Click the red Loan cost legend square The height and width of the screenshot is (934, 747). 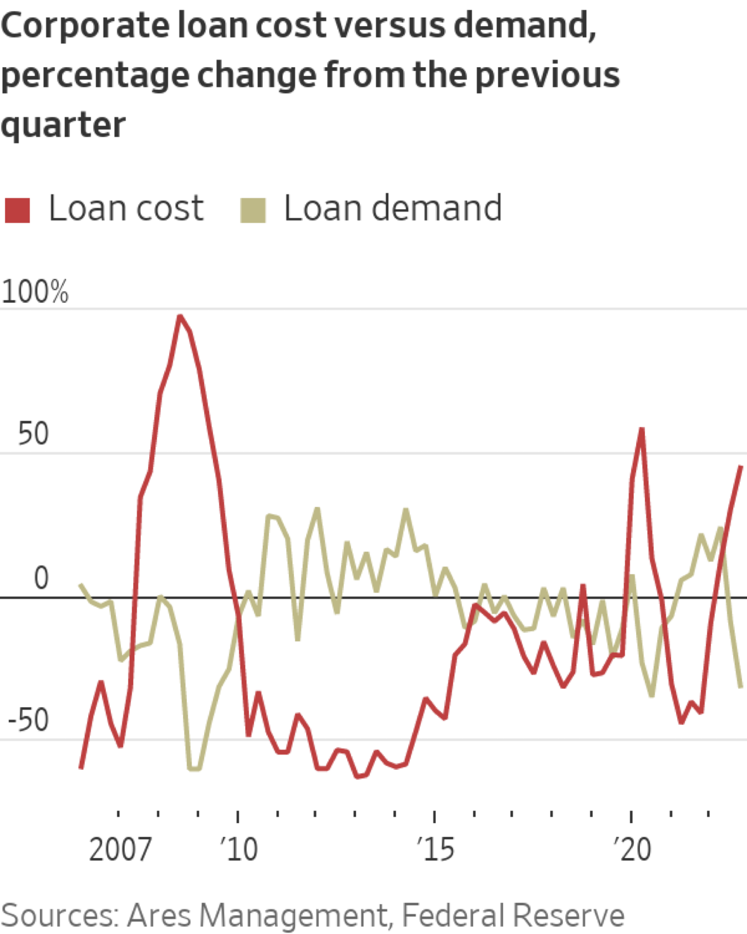(17, 210)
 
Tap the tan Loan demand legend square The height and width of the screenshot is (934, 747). (253, 210)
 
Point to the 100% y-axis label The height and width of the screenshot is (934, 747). (35, 292)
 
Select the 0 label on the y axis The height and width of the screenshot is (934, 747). (41, 578)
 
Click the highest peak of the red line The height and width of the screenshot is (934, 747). (180, 316)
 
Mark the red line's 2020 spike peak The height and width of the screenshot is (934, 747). (642, 429)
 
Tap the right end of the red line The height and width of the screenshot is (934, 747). (741, 466)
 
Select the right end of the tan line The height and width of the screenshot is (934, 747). (741, 687)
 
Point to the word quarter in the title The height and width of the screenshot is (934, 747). (63, 125)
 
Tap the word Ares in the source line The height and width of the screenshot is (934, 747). (159, 915)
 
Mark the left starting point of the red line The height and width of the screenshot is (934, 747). (81, 768)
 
